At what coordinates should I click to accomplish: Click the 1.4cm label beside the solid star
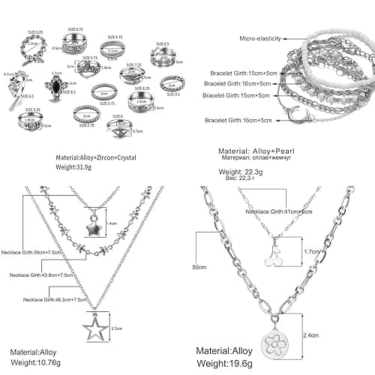tap(112, 223)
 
